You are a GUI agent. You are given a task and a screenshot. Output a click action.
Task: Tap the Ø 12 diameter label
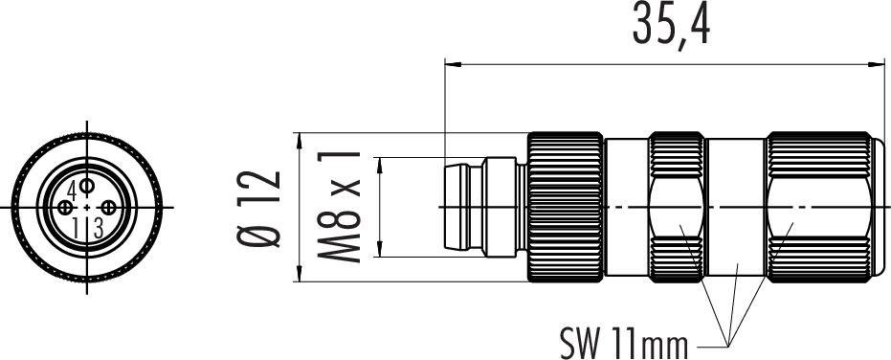(x=258, y=208)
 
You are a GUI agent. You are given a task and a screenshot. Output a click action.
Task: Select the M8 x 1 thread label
(x=339, y=207)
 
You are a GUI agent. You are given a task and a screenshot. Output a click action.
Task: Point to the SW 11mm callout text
(x=624, y=344)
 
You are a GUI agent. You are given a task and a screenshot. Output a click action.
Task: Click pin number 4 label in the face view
(x=72, y=189)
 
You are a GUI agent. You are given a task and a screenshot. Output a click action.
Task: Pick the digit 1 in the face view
(x=75, y=229)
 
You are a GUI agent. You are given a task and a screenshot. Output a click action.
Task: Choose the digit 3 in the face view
(x=99, y=229)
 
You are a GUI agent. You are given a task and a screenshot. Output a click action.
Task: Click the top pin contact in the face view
(x=87, y=186)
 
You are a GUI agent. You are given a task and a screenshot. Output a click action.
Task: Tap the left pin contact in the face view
(x=65, y=208)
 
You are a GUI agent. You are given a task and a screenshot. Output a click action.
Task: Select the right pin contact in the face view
(x=108, y=208)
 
